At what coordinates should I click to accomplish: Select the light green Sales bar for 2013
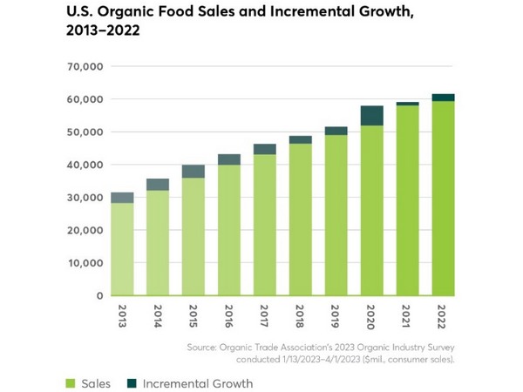pyautogui.click(x=123, y=249)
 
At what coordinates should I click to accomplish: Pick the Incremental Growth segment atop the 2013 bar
pyautogui.click(x=123, y=198)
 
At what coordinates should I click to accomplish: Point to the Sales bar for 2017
pyautogui.click(x=265, y=226)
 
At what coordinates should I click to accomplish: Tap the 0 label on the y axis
pyautogui.click(x=100, y=296)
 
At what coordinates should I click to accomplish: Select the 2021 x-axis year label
pyautogui.click(x=408, y=314)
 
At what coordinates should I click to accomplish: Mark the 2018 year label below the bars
pyautogui.click(x=302, y=314)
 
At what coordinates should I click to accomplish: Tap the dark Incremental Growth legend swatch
pyautogui.click(x=132, y=383)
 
